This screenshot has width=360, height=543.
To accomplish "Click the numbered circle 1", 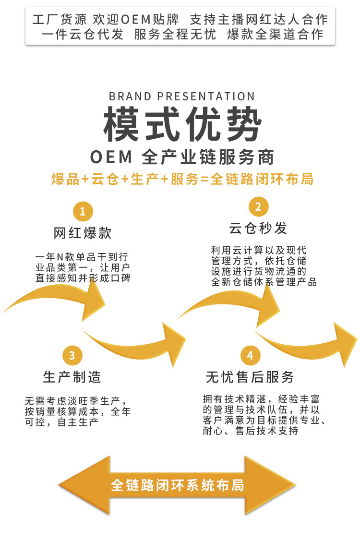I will (83, 212).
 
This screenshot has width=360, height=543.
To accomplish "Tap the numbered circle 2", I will (259, 207).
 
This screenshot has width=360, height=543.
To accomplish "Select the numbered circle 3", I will (72, 356).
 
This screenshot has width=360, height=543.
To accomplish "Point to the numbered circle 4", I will (250, 356).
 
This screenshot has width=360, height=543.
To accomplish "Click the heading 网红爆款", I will (83, 233).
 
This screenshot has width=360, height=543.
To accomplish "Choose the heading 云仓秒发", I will (258, 229).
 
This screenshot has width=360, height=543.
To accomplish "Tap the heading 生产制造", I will (72, 377).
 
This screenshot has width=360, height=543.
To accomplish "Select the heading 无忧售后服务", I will (250, 377).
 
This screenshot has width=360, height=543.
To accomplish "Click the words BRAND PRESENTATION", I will (182, 97).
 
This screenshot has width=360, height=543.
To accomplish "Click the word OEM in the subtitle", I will (111, 157).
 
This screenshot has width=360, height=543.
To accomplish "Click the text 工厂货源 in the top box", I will (60, 19).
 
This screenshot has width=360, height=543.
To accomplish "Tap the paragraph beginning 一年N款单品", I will (83, 267).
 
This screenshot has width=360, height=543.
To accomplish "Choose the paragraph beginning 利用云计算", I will (264, 266).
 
